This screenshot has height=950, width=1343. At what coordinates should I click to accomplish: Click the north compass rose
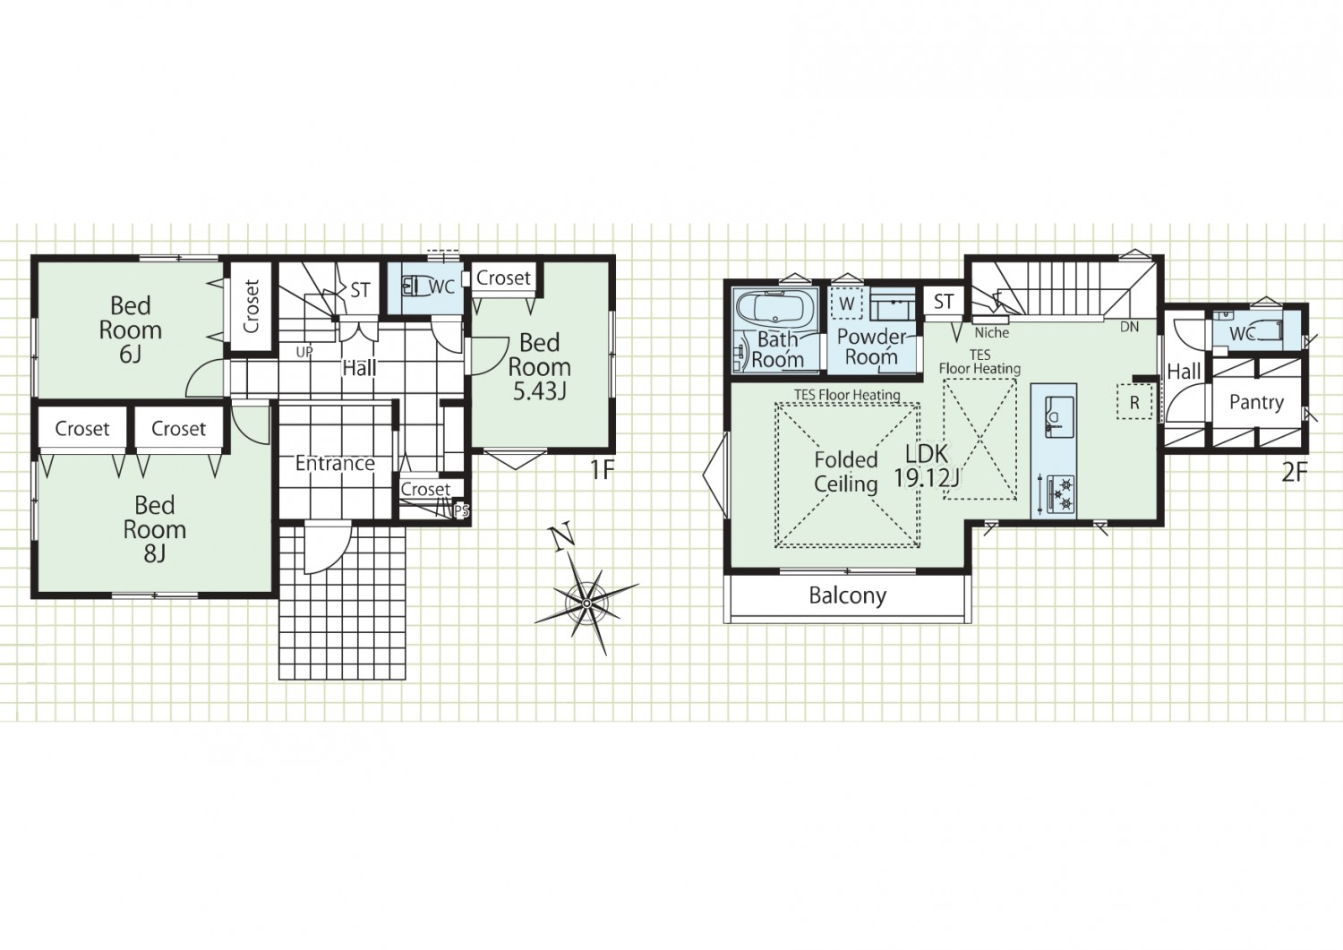pos(586,602)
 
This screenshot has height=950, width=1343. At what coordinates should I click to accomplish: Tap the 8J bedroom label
pos(155,529)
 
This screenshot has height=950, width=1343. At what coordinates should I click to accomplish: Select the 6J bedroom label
pos(130,330)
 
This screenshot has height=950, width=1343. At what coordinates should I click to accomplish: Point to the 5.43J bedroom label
pos(539,366)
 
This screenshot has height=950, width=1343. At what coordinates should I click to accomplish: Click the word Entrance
pos(335,464)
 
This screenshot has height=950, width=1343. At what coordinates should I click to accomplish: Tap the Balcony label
pos(847,595)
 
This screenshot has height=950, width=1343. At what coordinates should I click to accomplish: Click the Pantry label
pos(1257,402)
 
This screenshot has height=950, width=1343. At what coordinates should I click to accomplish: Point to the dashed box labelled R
pos(1134,402)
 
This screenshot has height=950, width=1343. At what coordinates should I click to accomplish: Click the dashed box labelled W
pos(847,304)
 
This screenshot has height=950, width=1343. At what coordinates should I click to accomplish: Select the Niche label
pos(992,333)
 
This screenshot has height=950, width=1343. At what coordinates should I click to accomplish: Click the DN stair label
pos(1130,328)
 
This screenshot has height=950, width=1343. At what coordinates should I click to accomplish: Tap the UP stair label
pos(304,353)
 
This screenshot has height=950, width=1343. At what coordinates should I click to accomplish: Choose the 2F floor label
pos(1295,474)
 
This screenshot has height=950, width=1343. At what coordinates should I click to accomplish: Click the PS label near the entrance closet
pos(461,511)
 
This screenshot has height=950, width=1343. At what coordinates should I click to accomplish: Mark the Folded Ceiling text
pos(846,472)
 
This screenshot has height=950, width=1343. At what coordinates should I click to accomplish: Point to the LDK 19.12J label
pos(927,466)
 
